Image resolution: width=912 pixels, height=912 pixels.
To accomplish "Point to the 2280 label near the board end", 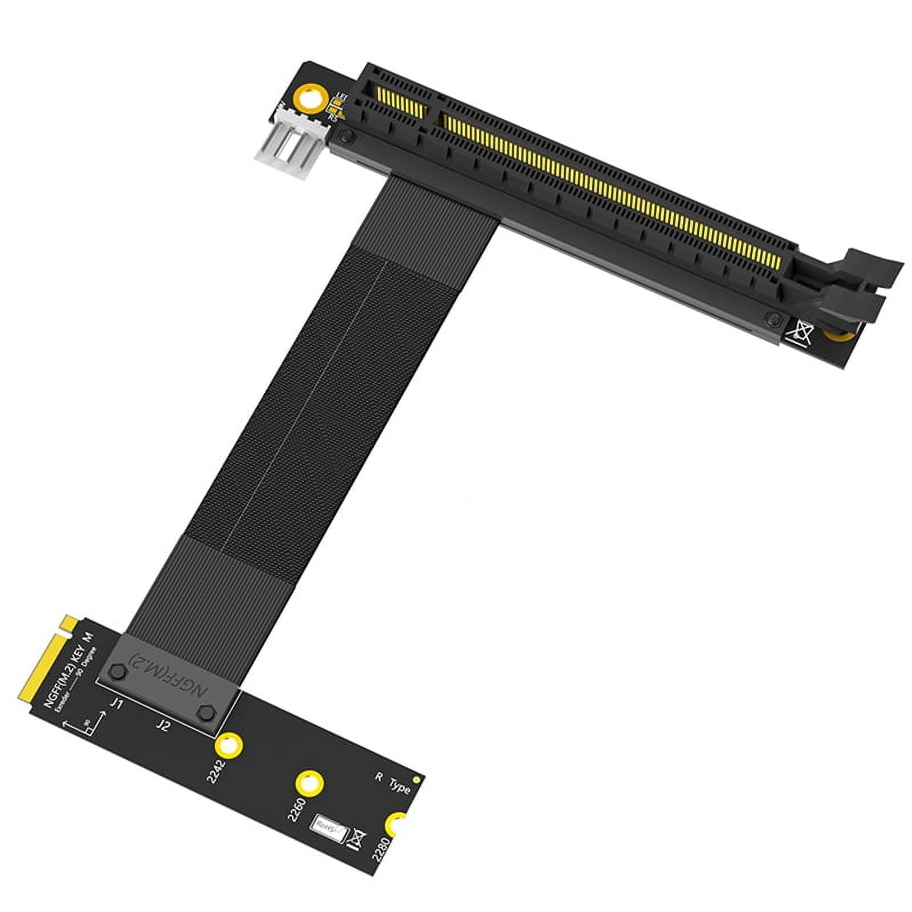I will [x=381, y=848].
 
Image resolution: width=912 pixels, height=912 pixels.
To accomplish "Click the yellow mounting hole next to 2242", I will [x=227, y=745].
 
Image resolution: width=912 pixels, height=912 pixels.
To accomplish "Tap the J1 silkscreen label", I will [x=116, y=705].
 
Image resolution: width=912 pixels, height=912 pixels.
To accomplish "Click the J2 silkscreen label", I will [x=163, y=726].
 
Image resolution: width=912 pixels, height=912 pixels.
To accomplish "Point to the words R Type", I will [x=393, y=784].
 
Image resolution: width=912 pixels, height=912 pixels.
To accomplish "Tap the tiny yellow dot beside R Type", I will [x=416, y=779].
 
